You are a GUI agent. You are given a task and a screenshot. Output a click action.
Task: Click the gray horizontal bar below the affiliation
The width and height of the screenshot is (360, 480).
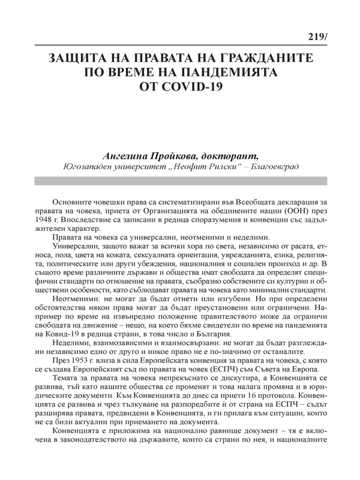[x=180, y=181]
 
